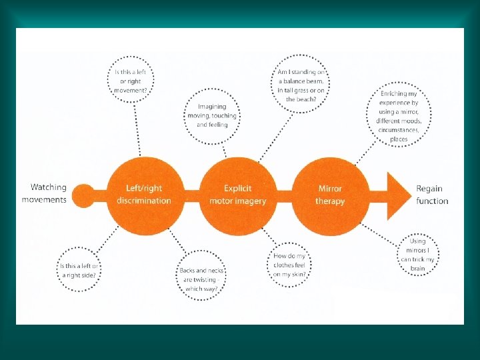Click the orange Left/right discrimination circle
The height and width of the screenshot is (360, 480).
click(143, 195)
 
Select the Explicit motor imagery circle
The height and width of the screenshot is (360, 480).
click(237, 195)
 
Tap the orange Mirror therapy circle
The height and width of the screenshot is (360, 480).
click(330, 195)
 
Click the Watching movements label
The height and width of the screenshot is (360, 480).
click(44, 194)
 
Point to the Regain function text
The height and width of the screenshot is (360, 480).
click(432, 195)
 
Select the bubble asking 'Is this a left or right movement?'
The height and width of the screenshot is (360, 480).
click(132, 81)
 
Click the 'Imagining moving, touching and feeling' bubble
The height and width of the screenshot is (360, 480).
click(212, 115)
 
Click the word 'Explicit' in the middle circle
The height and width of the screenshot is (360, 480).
click(237, 189)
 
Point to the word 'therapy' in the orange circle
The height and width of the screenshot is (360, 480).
click(331, 201)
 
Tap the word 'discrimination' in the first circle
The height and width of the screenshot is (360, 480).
click(143, 201)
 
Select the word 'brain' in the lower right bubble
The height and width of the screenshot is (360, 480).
click(418, 268)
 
